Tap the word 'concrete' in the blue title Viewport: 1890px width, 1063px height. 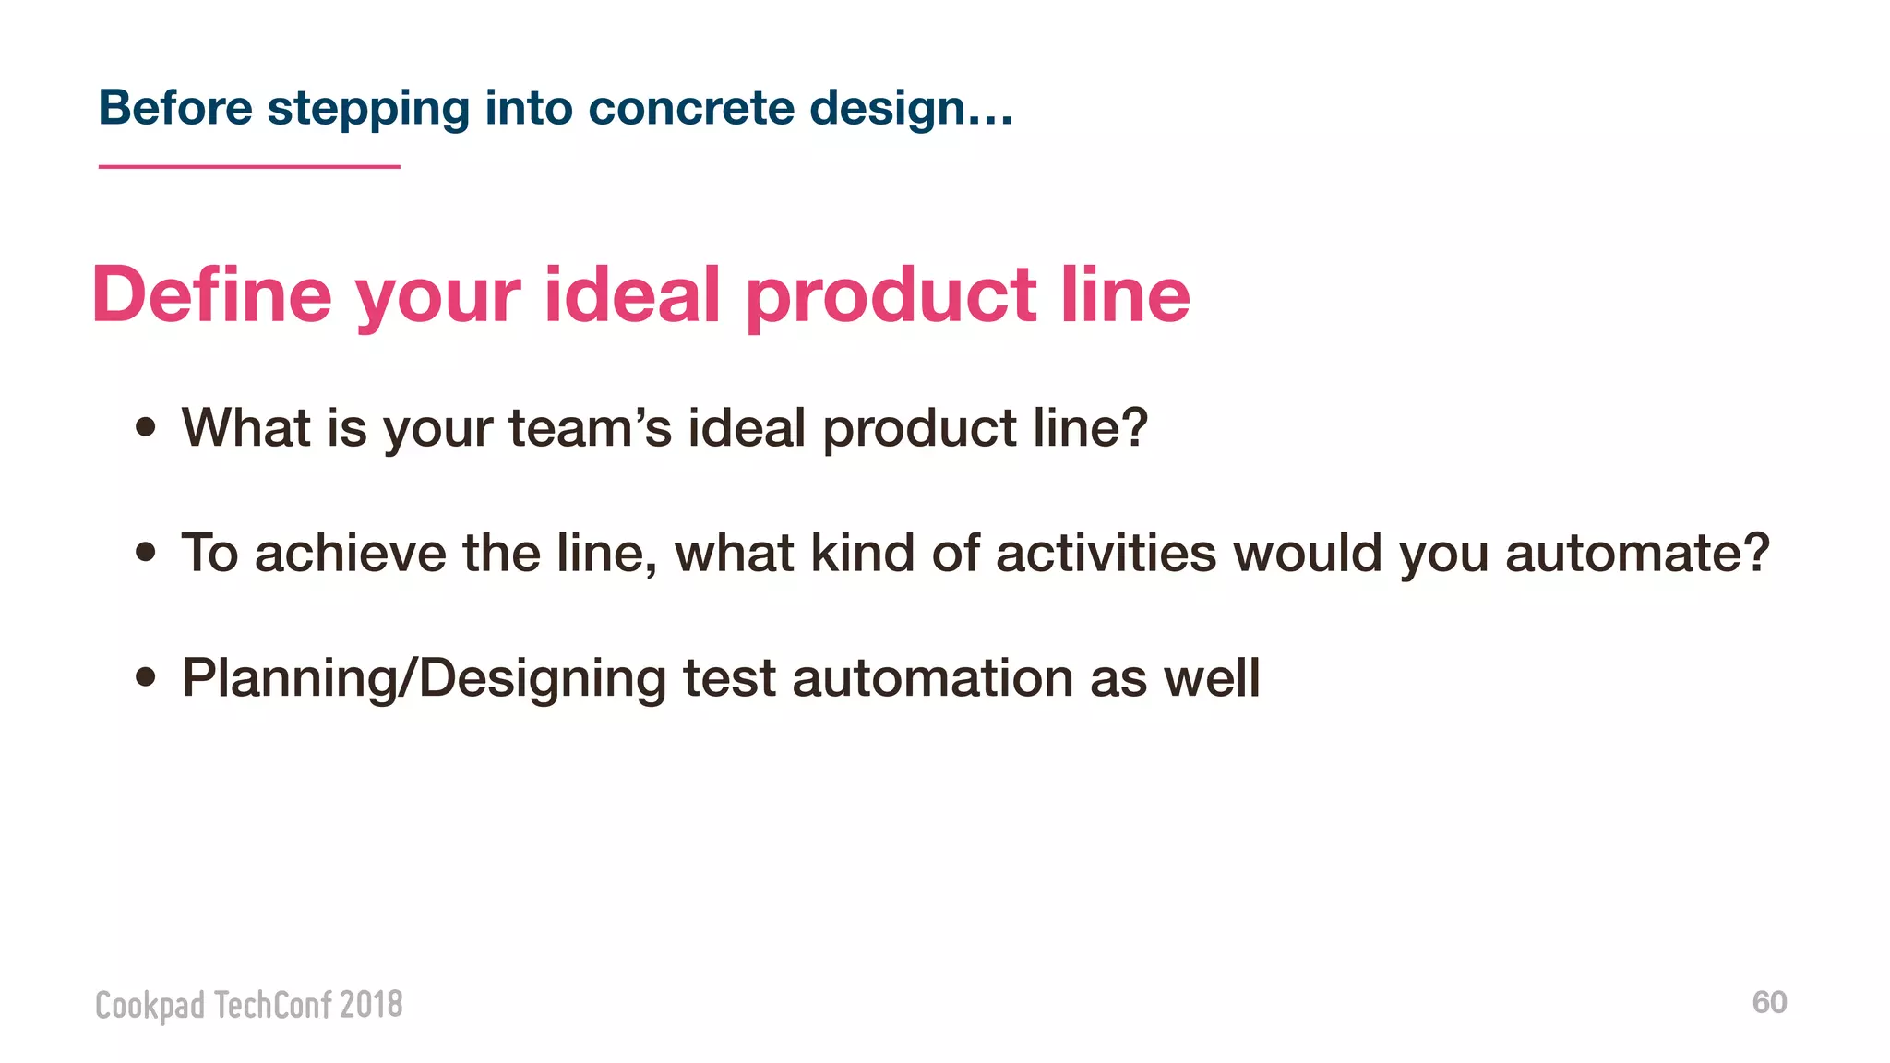coord(690,108)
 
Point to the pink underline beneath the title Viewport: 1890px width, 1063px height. coord(249,167)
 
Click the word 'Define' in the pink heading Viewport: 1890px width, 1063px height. coord(211,294)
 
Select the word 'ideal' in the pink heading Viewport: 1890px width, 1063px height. coord(632,294)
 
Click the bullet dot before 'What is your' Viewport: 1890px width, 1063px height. coord(145,427)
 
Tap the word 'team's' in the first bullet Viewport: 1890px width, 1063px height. coord(590,428)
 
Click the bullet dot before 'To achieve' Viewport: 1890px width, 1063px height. coord(145,552)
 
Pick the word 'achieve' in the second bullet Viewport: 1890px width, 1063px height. coord(351,553)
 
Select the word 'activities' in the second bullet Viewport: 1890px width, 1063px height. coord(1106,553)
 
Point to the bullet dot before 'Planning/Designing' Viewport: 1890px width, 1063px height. coord(145,677)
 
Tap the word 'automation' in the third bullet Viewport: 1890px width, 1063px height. coord(932,678)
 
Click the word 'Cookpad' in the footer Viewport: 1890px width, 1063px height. coord(150,1005)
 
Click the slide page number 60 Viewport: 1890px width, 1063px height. coord(1769,1002)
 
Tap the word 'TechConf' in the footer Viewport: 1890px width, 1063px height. coord(271,1004)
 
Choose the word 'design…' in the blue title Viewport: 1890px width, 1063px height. coord(911,108)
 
